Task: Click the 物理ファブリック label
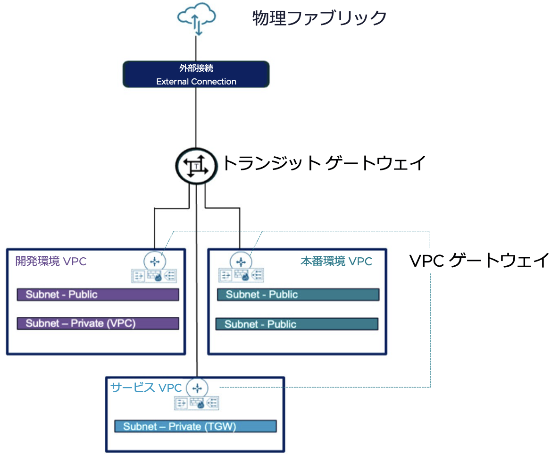click(x=319, y=18)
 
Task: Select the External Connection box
click(x=196, y=74)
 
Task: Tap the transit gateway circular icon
click(x=195, y=166)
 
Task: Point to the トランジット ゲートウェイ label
click(x=324, y=163)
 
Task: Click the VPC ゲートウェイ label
click(x=479, y=260)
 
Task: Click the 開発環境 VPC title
click(x=51, y=261)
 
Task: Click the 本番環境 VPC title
click(x=336, y=261)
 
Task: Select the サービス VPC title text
click(x=146, y=388)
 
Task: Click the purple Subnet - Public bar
click(x=98, y=295)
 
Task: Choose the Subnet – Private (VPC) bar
click(x=98, y=323)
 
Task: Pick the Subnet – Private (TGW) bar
click(x=195, y=426)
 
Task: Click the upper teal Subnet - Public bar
click(x=298, y=295)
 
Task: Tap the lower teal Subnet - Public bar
click(x=297, y=324)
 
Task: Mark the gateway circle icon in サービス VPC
click(x=197, y=388)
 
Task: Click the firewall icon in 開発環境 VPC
click(x=154, y=276)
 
